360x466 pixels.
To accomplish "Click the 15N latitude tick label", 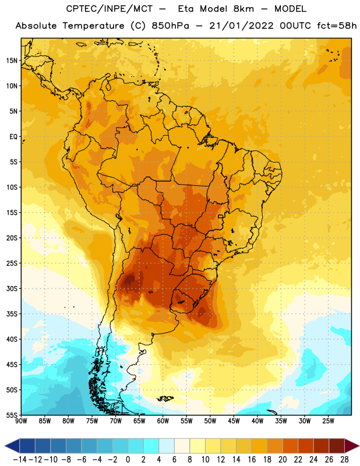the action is [12, 61].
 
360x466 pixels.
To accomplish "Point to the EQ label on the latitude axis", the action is [13, 137].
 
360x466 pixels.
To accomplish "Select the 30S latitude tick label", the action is [12, 288].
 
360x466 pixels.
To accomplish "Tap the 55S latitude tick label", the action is [12, 415].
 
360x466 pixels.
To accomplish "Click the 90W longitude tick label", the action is [21, 421].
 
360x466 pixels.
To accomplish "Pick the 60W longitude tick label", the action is [163, 421].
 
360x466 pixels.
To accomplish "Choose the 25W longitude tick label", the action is [328, 421].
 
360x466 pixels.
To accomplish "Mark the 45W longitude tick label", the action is [234, 421].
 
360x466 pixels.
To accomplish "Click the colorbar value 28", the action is [344, 460].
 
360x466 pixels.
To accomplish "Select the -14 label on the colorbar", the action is [20, 460].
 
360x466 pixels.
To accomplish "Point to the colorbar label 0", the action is [128, 460].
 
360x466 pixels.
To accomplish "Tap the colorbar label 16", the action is [252, 460].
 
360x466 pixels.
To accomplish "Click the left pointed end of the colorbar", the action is [5, 446].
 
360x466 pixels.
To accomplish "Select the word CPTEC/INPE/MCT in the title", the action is [110, 9].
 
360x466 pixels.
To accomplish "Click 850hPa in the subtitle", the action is [170, 26].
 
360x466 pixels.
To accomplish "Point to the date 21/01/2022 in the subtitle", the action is [241, 26].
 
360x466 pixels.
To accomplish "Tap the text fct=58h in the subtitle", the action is [337, 26].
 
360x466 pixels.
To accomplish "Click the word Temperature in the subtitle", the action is [94, 26].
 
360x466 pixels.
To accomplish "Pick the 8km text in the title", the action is [243, 9].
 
